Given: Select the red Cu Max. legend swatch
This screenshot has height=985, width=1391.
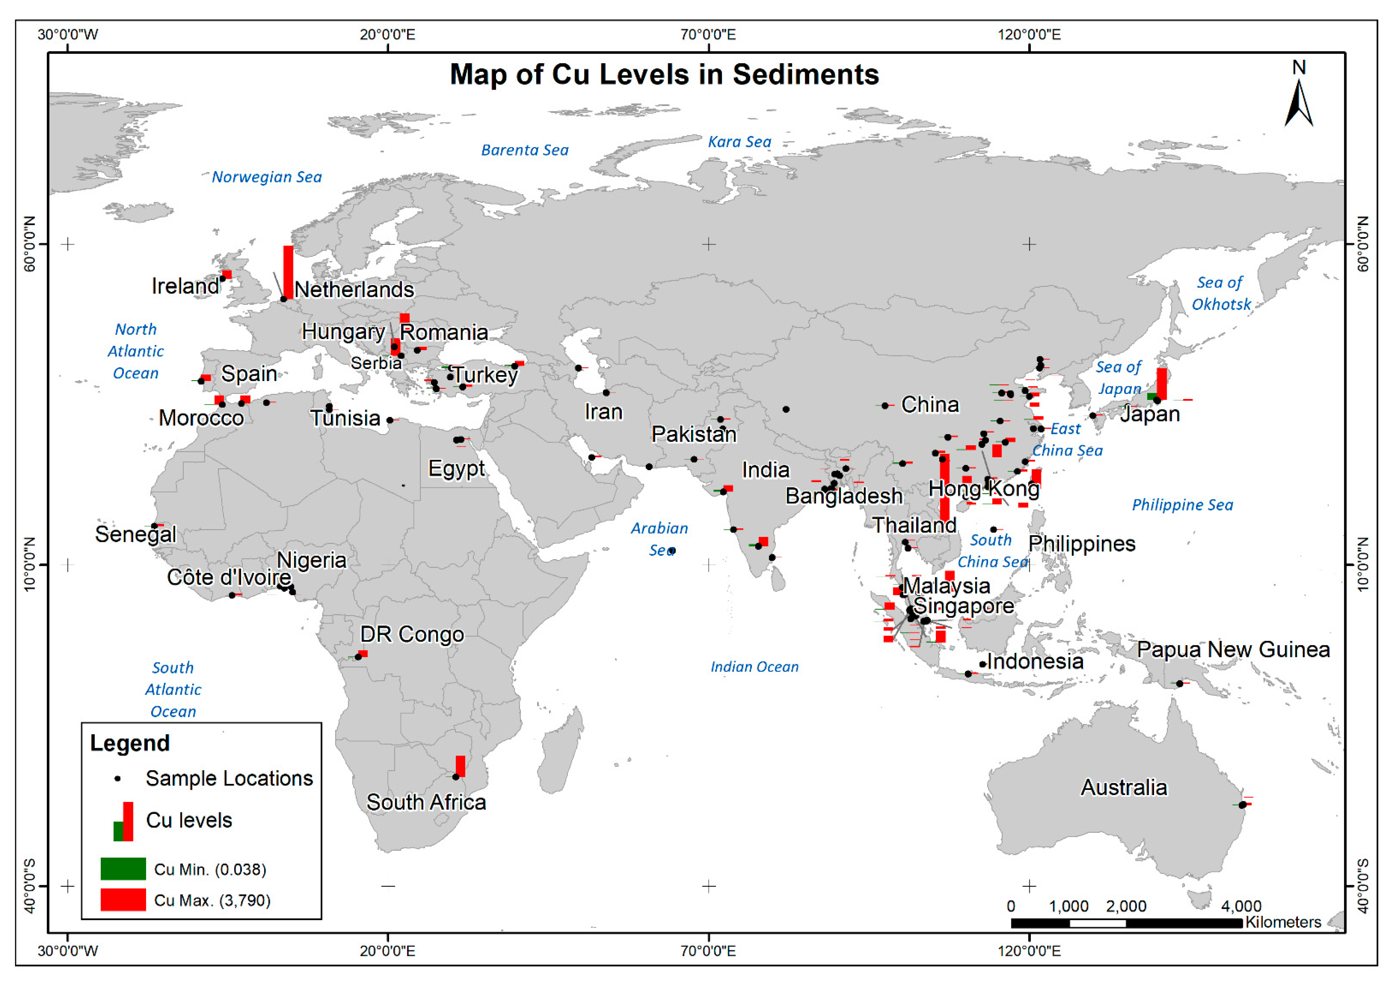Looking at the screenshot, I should [123, 899].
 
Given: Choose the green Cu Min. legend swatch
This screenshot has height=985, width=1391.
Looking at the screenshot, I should [123, 868].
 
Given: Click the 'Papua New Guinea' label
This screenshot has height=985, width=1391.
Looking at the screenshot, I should [1233, 650].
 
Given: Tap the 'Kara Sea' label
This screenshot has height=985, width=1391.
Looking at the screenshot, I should [740, 142].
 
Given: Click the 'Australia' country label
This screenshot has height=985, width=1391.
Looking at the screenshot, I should [1124, 787].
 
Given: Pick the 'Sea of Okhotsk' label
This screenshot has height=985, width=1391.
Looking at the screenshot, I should [1221, 293].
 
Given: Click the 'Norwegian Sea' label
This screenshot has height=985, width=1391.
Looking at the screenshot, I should [267, 177].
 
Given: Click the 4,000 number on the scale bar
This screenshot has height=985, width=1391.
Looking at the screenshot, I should [1241, 906].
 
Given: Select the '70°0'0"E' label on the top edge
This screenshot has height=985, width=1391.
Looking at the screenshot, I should [708, 34].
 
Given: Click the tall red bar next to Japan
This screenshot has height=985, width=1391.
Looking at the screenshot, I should [1161, 383].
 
